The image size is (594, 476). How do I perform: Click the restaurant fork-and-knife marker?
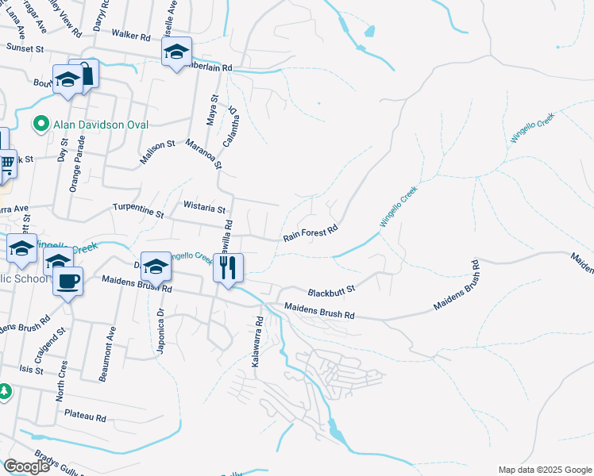(x=229, y=267)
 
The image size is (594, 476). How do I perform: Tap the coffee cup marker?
(x=68, y=280)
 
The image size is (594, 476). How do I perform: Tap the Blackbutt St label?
(x=330, y=287)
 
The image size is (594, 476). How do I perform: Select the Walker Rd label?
(x=131, y=36)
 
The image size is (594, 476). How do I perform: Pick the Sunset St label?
(x=25, y=49)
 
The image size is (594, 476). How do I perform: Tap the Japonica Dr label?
(x=161, y=332)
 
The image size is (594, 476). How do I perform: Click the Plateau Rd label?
(x=86, y=416)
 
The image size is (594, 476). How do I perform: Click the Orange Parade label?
(x=79, y=165)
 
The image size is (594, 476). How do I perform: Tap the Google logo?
(x=26, y=466)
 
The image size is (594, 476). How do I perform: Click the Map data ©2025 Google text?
(x=544, y=470)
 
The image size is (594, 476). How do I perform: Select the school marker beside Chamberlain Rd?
(x=176, y=52)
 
